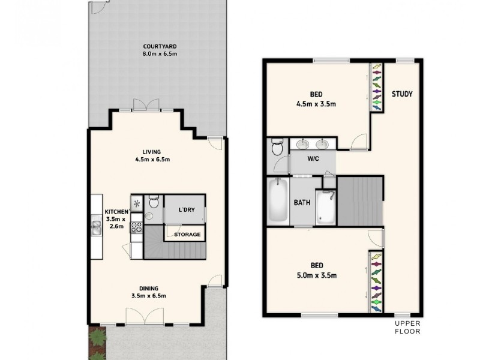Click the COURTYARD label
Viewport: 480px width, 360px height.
(x=160, y=46)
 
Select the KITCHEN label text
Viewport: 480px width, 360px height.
(x=116, y=212)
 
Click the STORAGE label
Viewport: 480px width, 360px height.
(x=187, y=234)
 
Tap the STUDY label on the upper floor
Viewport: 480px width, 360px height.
(x=403, y=94)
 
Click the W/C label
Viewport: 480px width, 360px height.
(x=313, y=160)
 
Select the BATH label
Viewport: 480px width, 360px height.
(x=302, y=202)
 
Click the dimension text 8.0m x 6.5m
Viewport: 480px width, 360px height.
(x=160, y=54)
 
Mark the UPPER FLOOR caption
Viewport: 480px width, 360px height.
(x=407, y=328)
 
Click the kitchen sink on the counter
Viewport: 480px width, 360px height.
(x=96, y=226)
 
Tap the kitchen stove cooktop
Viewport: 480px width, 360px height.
(x=136, y=227)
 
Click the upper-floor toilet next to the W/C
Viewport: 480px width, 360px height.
(x=277, y=147)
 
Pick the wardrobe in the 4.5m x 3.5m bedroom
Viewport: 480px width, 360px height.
(x=376, y=87)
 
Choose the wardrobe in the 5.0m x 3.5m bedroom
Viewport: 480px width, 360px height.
(x=376, y=282)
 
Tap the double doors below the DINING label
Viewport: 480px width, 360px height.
(x=145, y=317)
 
